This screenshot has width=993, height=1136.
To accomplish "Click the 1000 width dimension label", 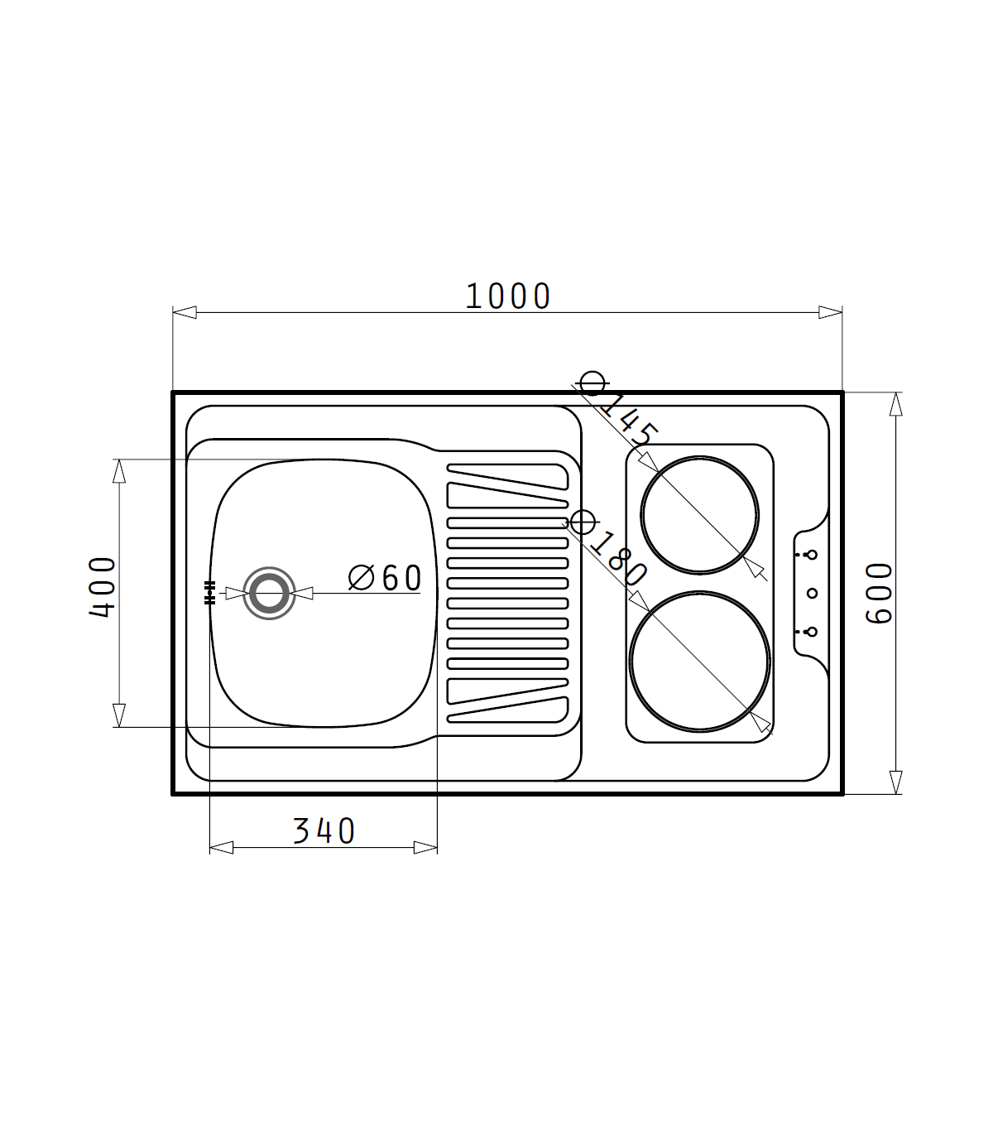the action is [507, 296].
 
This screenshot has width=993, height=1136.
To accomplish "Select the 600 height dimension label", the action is [880, 593].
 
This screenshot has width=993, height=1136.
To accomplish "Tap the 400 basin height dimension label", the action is [102, 587].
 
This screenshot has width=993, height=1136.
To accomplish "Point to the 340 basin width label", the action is [324, 830].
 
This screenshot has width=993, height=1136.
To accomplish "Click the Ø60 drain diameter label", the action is [385, 578].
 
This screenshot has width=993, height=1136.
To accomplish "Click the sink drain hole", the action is [269, 594].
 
